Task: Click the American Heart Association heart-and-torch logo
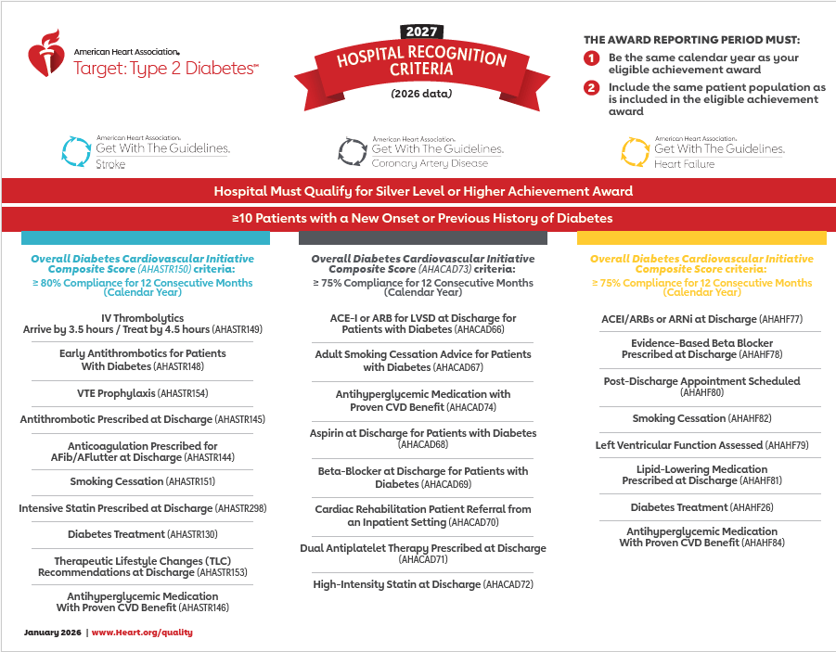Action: point(45,54)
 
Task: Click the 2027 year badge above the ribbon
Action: point(420,32)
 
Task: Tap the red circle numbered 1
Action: point(591,58)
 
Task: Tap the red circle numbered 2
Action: point(591,88)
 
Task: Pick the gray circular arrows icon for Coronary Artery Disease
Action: point(352,151)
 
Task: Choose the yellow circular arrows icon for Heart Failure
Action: point(635,151)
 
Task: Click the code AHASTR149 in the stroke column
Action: point(238,329)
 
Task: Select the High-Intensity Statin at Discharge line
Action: point(423,584)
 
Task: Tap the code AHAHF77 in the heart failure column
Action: point(780,319)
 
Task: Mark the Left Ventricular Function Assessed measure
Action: point(702,445)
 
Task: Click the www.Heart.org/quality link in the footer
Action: point(142,632)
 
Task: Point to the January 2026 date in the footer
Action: point(53,632)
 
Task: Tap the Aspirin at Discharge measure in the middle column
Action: point(423,434)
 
